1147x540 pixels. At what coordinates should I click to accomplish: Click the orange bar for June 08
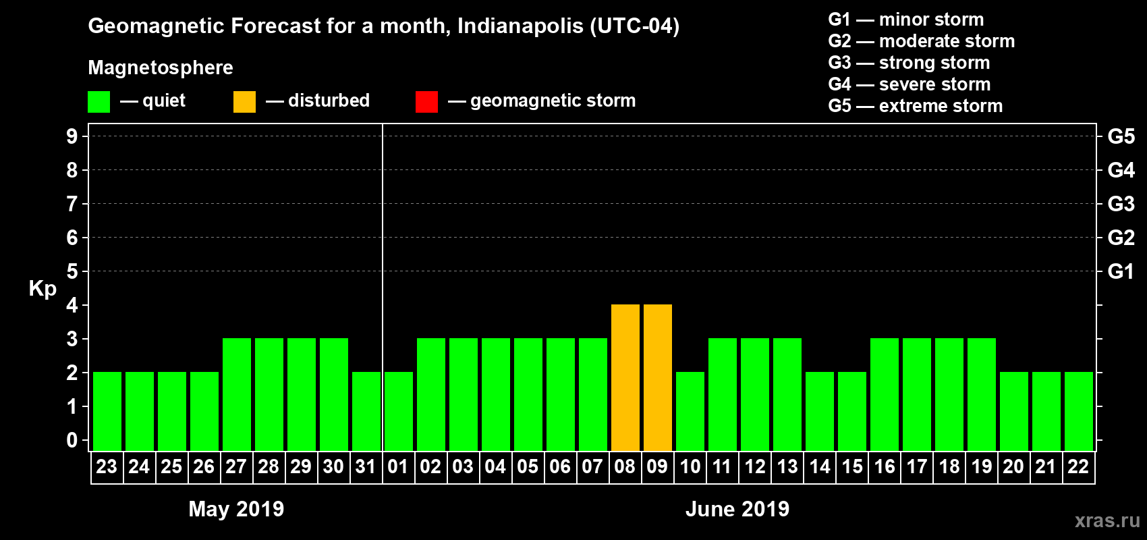[x=625, y=378]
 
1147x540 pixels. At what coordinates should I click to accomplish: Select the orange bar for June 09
[x=658, y=378]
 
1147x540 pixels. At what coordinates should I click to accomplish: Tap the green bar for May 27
[x=237, y=395]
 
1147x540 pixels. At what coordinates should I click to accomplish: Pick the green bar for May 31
[x=366, y=412]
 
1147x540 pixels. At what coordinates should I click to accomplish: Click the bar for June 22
[x=1079, y=412]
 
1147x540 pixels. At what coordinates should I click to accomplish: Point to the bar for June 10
[x=690, y=412]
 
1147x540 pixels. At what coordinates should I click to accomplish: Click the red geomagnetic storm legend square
[x=426, y=102]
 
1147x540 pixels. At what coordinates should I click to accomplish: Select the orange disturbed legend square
[x=244, y=102]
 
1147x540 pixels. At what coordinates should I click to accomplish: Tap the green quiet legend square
[x=99, y=102]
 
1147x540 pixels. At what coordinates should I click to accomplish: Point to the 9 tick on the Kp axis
[x=72, y=136]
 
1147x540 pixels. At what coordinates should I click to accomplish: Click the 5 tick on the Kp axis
[x=72, y=271]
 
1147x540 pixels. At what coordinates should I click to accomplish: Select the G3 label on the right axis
[x=1121, y=204]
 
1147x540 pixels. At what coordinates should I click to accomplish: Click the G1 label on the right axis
[x=1121, y=271]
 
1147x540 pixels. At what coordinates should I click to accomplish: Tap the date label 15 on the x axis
[x=852, y=466]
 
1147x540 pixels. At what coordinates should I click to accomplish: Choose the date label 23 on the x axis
[x=107, y=466]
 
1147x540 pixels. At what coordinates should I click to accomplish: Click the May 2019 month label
[x=236, y=509]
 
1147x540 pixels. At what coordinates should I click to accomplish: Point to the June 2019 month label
[x=737, y=509]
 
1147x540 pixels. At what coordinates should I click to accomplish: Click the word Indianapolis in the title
[x=520, y=26]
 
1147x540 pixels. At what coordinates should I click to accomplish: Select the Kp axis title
[x=43, y=288]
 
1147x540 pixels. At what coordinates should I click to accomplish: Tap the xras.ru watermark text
[x=1107, y=520]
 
